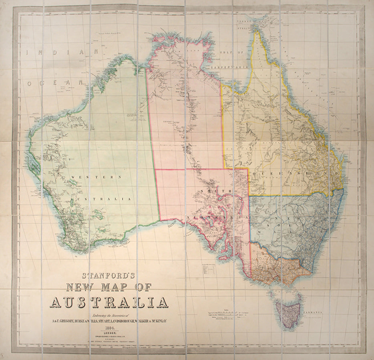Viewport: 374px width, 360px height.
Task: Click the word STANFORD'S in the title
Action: [x=109, y=276]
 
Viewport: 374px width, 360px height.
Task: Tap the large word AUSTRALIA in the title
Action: [x=109, y=302]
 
